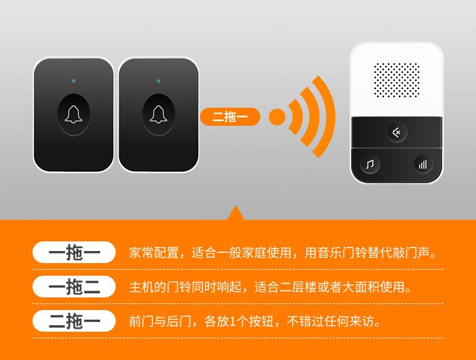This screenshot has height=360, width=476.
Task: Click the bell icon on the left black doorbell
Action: (74, 114)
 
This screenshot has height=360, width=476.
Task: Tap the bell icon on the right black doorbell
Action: (158, 114)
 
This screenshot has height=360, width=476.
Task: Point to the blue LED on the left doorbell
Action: (74, 81)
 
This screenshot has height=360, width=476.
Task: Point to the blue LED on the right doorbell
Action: (158, 81)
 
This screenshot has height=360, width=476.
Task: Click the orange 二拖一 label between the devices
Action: (230, 117)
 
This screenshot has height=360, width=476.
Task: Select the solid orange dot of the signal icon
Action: (277, 117)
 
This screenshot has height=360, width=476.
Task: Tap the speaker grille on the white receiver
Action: (397, 80)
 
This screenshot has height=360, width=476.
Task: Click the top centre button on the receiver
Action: (396, 132)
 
